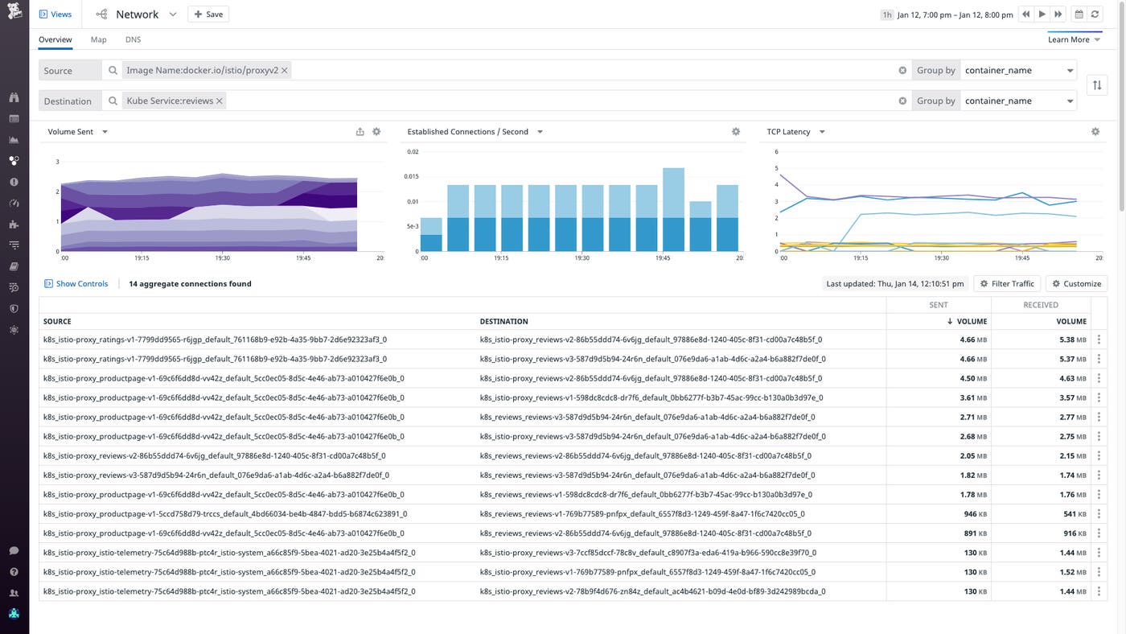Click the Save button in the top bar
pyautogui.click(x=208, y=14)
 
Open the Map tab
pyautogui.click(x=98, y=39)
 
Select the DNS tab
pyautogui.click(x=133, y=39)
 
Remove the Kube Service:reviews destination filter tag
pyautogui.click(x=219, y=101)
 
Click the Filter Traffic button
pyautogui.click(x=1007, y=283)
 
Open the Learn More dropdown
pyautogui.click(x=1074, y=39)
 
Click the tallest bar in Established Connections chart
pyautogui.click(x=673, y=209)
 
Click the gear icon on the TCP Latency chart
pyautogui.click(x=1095, y=132)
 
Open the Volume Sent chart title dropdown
pyautogui.click(x=105, y=132)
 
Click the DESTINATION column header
pyautogui.click(x=503, y=321)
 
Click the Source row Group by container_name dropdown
pyautogui.click(x=1018, y=70)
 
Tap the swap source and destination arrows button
pyautogui.click(x=1097, y=85)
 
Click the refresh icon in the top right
pyautogui.click(x=1095, y=14)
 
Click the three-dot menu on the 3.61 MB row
pyautogui.click(x=1099, y=397)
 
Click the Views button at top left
pyautogui.click(x=55, y=14)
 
